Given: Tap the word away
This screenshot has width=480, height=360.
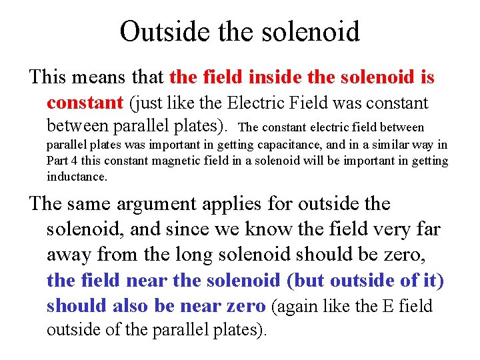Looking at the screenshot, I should [69, 255].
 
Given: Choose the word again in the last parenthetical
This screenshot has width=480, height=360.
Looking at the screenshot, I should [297, 307].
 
